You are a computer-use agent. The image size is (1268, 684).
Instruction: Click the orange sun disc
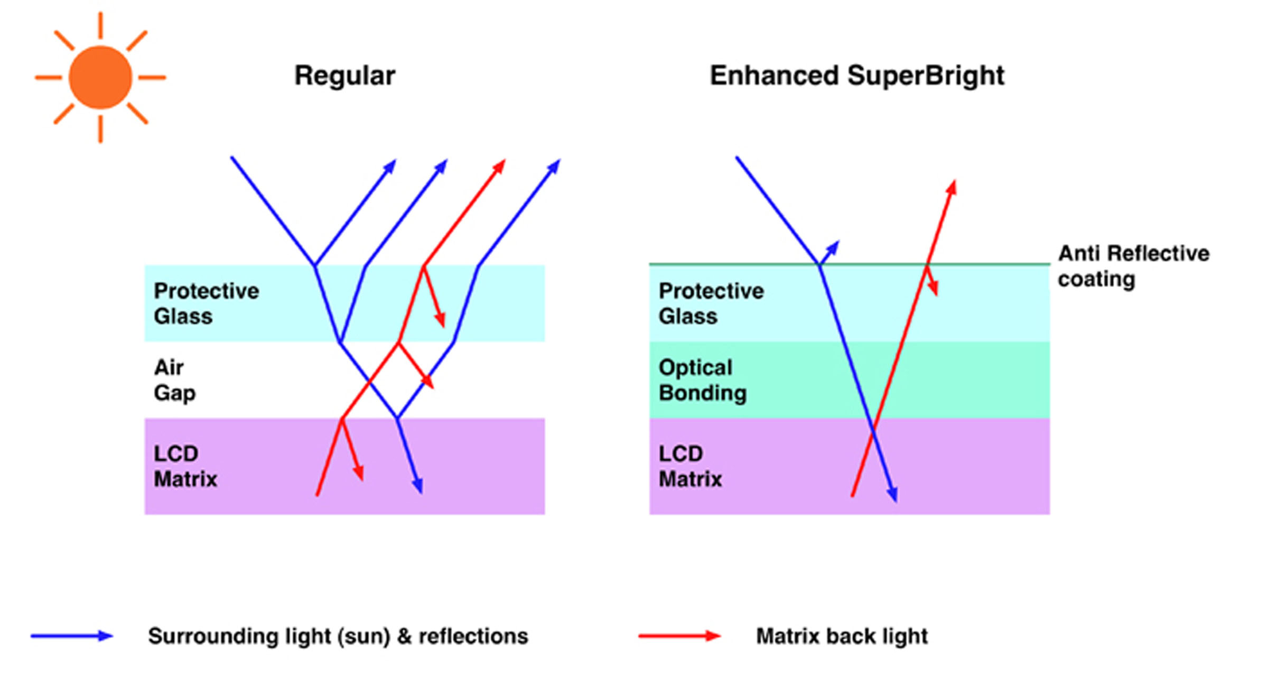point(100,78)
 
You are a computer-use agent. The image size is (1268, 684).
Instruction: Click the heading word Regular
point(344,76)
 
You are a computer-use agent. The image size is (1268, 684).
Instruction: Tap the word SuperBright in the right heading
point(926,76)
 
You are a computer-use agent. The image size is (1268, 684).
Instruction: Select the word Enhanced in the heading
point(774,76)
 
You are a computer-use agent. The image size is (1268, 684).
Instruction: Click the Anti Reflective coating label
point(1133,266)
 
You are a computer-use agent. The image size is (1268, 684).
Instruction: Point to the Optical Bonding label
point(702,380)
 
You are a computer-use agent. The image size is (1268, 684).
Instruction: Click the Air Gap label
point(174,380)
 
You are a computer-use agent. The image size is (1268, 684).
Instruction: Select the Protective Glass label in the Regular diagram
point(206,303)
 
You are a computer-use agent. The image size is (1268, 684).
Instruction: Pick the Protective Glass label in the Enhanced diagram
point(711,303)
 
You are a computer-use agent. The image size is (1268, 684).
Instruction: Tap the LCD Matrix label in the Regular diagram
point(185,466)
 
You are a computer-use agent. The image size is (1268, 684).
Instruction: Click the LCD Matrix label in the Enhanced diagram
point(690,466)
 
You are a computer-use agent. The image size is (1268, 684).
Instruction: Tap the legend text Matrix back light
point(842,636)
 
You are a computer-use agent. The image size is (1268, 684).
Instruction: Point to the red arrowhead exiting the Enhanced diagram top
point(952,187)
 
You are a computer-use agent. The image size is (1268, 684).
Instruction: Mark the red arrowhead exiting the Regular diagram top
point(500,166)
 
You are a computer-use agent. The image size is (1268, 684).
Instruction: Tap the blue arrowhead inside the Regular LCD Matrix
point(418,486)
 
